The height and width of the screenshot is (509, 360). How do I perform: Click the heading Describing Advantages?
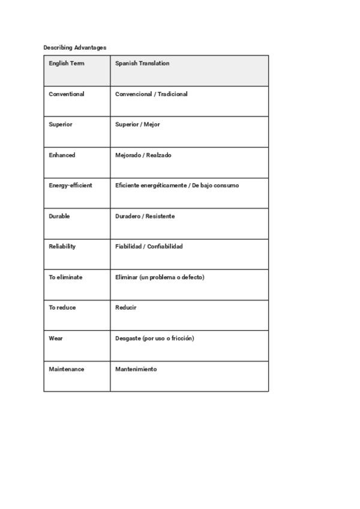74,47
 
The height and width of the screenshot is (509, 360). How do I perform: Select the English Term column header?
67,64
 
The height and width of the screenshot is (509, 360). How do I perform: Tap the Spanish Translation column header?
142,64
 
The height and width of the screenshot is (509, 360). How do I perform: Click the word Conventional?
67,94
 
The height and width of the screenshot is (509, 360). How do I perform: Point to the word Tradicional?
173,94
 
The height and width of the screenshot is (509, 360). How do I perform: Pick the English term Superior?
61,125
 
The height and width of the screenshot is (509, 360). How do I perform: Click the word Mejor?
152,125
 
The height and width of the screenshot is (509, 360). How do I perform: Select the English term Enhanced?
62,155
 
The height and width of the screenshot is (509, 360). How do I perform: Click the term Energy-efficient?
70,185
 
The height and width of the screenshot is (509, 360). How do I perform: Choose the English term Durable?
59,216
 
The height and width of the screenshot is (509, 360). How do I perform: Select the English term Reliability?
62,247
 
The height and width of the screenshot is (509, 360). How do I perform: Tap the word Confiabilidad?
164,247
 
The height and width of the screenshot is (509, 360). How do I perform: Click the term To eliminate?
65,277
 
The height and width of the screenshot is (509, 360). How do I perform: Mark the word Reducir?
126,308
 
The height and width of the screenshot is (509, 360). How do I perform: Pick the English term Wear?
56,339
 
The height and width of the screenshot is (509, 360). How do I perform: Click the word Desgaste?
128,339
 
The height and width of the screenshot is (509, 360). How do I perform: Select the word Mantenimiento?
136,369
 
